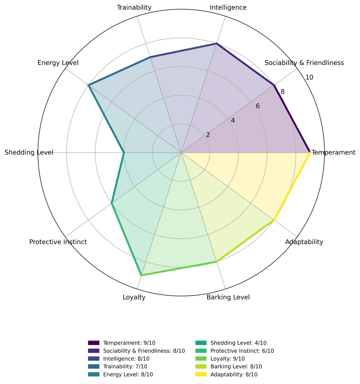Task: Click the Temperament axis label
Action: point(334,153)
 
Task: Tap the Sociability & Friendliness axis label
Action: point(304,63)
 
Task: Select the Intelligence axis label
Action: point(228,8)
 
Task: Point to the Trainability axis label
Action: point(134,8)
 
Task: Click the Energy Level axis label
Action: point(58,63)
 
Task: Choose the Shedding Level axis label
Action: point(29,153)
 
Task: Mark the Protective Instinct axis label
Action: point(58,242)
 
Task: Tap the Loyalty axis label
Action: point(134,297)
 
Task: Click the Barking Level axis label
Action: point(228,297)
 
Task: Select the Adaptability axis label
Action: point(304,242)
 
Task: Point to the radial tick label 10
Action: point(309,78)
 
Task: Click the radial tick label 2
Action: point(208,135)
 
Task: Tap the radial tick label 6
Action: point(258,106)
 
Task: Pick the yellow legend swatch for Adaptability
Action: point(201,374)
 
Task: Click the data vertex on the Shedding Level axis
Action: point(124,153)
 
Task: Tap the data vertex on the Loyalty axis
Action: point(141,275)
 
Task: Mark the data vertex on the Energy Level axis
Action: point(89,85)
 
